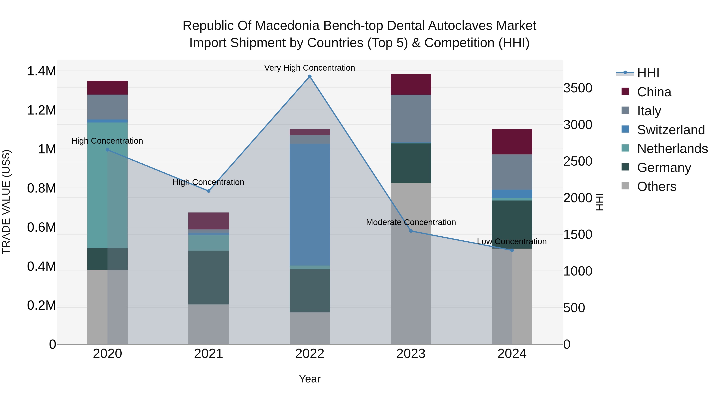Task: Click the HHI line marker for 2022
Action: pos(310,76)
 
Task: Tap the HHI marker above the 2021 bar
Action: pos(209,191)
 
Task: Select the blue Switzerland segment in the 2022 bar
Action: pos(310,204)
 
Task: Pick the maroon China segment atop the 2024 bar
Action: pos(512,142)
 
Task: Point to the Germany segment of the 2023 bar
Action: pos(411,163)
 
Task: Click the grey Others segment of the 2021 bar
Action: pos(209,324)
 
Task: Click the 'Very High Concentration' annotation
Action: pos(310,68)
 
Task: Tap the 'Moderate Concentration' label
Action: pos(411,222)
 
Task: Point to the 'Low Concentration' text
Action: pos(512,241)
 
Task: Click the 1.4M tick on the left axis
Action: pos(41,71)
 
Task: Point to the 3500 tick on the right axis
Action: pos(577,88)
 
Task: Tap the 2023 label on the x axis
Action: pos(411,354)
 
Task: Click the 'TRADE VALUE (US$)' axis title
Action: pos(6,202)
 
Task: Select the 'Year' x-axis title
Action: pos(310,379)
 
